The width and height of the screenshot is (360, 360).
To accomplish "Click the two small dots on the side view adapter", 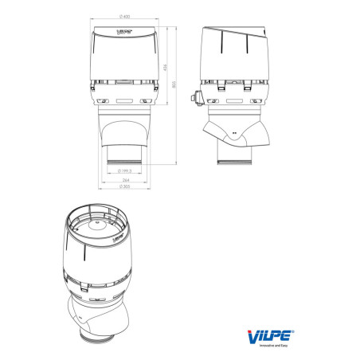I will [234, 133].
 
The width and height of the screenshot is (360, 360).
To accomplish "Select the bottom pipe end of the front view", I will [124, 162].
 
